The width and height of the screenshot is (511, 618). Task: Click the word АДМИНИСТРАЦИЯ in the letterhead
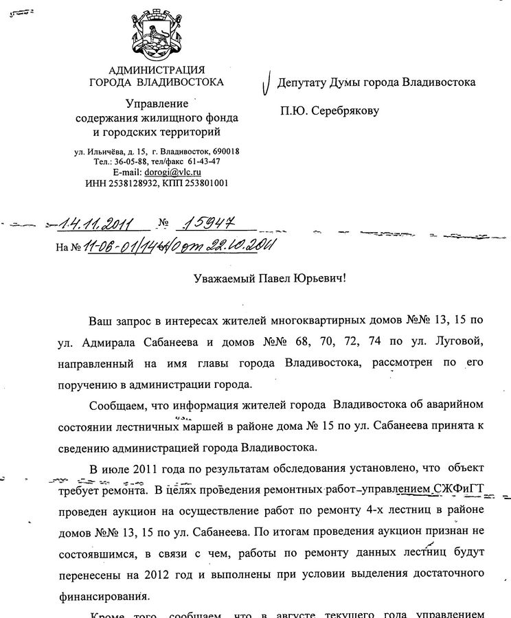point(157,70)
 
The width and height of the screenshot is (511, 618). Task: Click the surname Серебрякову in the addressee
point(343,111)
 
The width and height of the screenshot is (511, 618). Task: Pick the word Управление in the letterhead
point(157,103)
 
